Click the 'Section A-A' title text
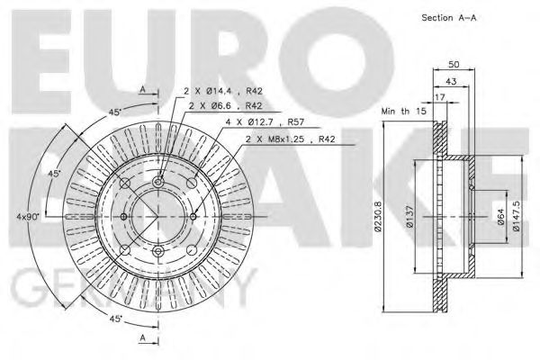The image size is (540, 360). pyautogui.click(x=448, y=18)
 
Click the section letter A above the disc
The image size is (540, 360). pyautogui.click(x=142, y=88)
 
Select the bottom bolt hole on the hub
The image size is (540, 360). pyautogui.click(x=158, y=250)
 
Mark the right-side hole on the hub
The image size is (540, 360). pyautogui.click(x=192, y=217)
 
